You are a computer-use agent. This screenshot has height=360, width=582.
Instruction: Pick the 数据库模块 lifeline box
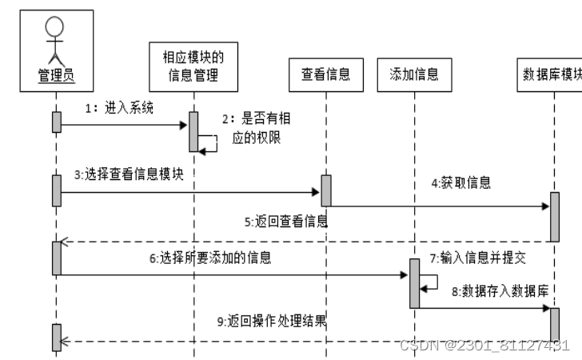coord(551,74)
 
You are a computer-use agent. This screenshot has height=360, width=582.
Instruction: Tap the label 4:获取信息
coord(461,183)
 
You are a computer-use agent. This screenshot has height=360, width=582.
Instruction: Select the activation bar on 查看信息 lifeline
coord(325,190)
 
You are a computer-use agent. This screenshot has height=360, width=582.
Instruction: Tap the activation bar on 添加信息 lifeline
coord(414,282)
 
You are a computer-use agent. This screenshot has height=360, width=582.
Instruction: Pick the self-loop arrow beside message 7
coord(430,281)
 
